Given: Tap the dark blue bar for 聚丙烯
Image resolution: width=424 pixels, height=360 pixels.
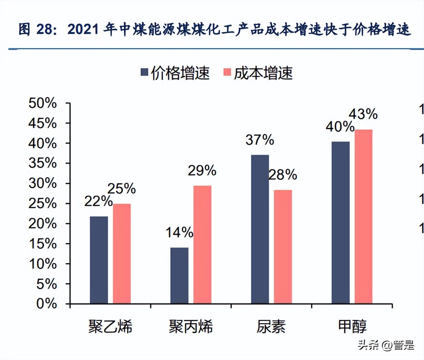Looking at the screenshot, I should pyautogui.click(x=179, y=275).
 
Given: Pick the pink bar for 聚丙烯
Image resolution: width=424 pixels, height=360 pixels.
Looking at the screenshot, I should pyautogui.click(x=202, y=244).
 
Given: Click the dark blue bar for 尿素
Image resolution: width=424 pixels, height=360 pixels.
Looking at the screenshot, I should pyautogui.click(x=260, y=229).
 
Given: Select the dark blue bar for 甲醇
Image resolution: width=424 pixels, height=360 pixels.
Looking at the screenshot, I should pyautogui.click(x=340, y=222).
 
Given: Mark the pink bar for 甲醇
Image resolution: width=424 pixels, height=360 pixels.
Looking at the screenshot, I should pyautogui.click(x=363, y=217).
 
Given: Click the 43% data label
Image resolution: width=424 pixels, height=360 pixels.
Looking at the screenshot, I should pyautogui.click(x=363, y=114).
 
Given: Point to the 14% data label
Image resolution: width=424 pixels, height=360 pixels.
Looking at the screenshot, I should pyautogui.click(x=179, y=232).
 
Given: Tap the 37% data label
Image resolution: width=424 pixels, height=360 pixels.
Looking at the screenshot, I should pyautogui.click(x=260, y=140).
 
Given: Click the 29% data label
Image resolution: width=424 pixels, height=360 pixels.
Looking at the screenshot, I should pyautogui.click(x=202, y=170).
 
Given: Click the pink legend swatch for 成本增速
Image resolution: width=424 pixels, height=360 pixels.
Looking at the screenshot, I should pyautogui.click(x=227, y=72).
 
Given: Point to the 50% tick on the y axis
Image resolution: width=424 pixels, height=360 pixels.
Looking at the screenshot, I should pyautogui.click(x=42, y=103).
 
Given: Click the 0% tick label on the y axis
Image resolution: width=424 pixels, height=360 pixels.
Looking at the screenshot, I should pyautogui.click(x=47, y=304).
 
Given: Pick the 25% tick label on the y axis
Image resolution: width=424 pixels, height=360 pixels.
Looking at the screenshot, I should pyautogui.click(x=42, y=203).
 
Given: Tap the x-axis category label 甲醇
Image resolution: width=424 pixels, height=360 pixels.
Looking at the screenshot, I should pyautogui.click(x=352, y=327).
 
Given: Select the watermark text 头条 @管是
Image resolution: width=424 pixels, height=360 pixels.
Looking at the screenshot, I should pyautogui.click(x=386, y=345).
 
